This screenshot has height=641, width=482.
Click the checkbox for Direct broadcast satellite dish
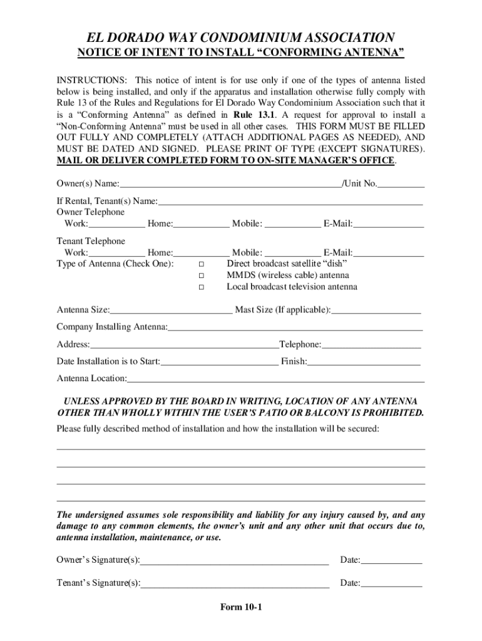click(202, 264)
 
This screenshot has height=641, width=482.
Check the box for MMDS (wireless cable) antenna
click(202, 275)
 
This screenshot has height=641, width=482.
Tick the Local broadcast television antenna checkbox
click(202, 287)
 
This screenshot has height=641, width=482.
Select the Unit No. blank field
click(401, 184)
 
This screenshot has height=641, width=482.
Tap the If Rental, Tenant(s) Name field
click(290, 202)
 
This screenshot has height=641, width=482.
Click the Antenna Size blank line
click(171, 310)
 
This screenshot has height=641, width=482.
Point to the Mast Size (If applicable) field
click(376, 310)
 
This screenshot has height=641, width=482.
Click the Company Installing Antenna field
click(295, 327)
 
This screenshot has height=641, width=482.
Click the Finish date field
click(363, 361)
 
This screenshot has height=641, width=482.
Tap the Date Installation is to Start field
click(219, 361)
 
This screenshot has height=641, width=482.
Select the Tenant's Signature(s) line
click(235, 583)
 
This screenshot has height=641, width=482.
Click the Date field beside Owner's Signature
click(392, 560)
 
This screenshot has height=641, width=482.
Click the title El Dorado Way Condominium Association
click(240, 38)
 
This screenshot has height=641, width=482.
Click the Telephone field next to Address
click(371, 344)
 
